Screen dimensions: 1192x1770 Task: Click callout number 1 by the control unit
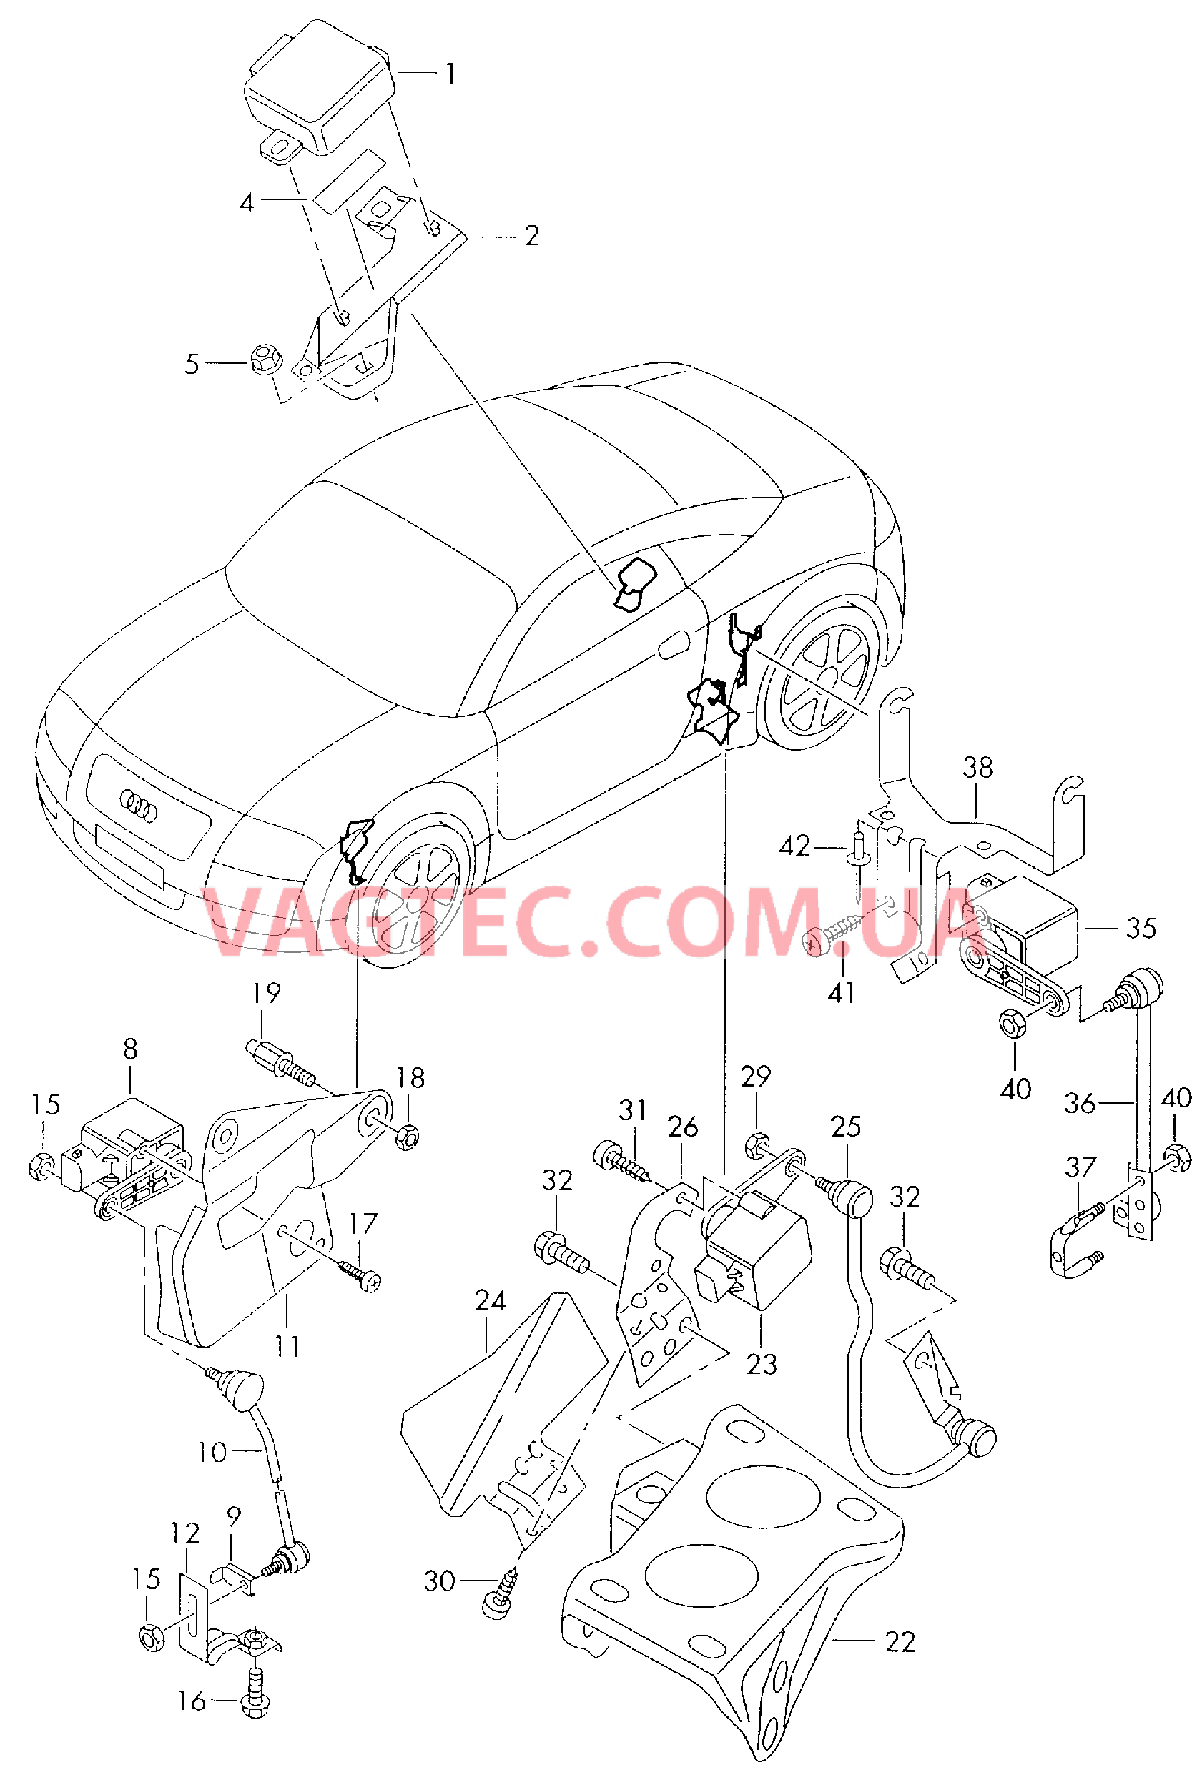[x=450, y=74]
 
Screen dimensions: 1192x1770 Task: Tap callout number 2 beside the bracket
[x=531, y=236]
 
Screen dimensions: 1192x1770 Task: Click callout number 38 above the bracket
[x=977, y=768]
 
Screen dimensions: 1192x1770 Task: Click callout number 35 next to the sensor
[x=1141, y=928]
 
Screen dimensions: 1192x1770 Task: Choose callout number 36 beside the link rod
[x=1080, y=1103]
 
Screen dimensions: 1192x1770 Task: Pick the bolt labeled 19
[x=280, y=1061]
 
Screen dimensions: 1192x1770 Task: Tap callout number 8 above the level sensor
[x=130, y=1049]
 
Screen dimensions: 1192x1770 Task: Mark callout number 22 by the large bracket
[x=900, y=1642]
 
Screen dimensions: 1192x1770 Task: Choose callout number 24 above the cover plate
[x=491, y=1300]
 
